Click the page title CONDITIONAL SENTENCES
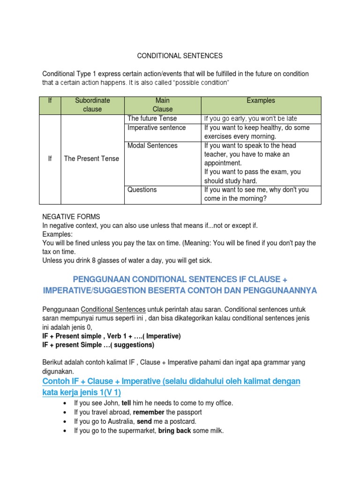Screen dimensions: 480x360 click(x=180, y=56)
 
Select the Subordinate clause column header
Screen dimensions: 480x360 click(x=92, y=105)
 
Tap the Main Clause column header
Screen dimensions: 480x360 click(x=162, y=105)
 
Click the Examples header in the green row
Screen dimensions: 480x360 click(x=261, y=100)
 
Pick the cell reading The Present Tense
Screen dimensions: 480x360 click(x=91, y=158)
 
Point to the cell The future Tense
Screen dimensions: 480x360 click(x=152, y=119)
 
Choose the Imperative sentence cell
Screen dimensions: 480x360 click(x=157, y=127)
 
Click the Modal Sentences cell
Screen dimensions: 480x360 click(x=152, y=145)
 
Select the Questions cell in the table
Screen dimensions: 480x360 click(x=142, y=189)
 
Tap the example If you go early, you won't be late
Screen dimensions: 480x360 click(x=250, y=119)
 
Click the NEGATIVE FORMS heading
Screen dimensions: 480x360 click(x=71, y=217)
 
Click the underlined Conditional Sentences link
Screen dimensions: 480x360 click(x=113, y=309)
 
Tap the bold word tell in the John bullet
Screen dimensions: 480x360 click(x=127, y=403)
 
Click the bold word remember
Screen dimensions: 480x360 click(x=149, y=412)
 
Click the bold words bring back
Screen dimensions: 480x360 click(x=174, y=430)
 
